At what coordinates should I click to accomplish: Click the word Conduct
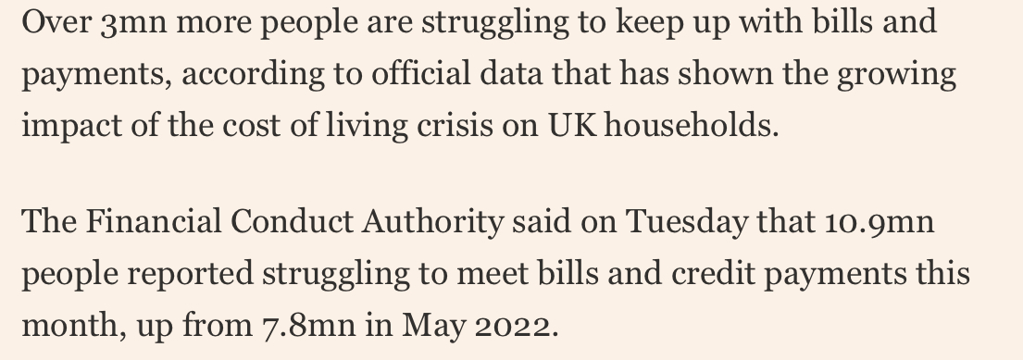click(294, 223)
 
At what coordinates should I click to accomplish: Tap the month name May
click(435, 327)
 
